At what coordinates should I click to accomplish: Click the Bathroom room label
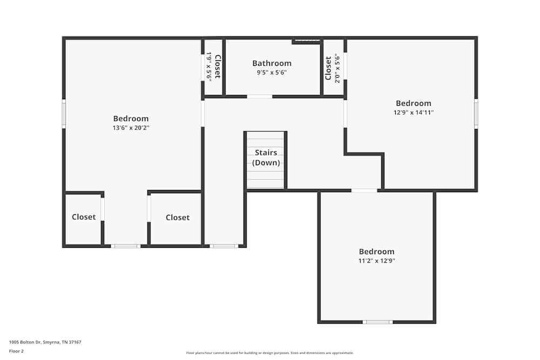(272, 63)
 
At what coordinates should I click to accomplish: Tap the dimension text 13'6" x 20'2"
(131, 128)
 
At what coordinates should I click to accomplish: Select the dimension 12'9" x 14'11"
(414, 113)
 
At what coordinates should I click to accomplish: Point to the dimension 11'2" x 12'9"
(376, 261)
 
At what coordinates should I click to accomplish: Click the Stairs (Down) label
(266, 158)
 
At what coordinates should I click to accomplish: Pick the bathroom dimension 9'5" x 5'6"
(272, 72)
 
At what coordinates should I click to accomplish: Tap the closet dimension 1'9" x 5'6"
(208, 66)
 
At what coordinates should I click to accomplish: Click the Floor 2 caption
(16, 351)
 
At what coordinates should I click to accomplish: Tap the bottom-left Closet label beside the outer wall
(84, 217)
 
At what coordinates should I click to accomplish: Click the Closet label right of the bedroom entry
(178, 218)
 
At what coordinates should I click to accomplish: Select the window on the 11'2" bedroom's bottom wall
(377, 322)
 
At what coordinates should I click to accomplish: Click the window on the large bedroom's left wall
(64, 113)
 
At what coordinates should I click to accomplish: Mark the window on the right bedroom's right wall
(476, 113)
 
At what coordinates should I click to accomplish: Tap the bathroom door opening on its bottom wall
(260, 97)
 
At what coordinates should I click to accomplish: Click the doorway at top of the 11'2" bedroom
(364, 190)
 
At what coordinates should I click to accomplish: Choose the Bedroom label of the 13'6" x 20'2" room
(131, 119)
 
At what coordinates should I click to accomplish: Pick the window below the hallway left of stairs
(224, 246)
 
